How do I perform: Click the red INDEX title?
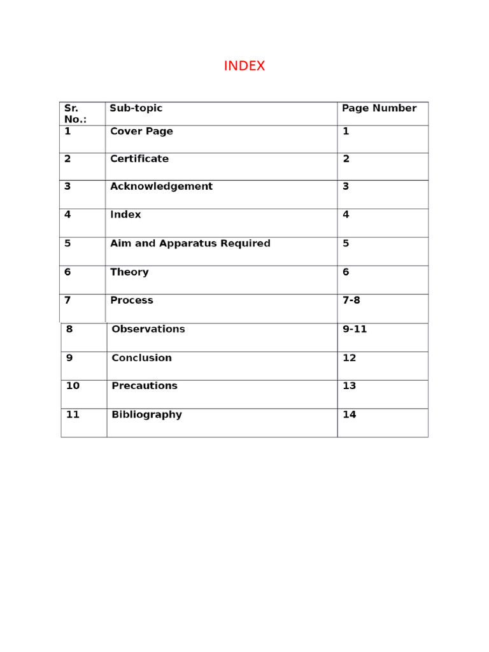(x=244, y=66)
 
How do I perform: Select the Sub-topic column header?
(x=136, y=108)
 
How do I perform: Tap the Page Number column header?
(x=379, y=108)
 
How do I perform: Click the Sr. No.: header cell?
(x=75, y=113)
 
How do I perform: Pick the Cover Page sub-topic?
(x=141, y=131)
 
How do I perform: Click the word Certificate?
(x=139, y=159)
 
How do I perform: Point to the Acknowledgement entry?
(x=161, y=187)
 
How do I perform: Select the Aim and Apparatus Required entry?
(x=190, y=243)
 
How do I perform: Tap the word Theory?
(x=129, y=272)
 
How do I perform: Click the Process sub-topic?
(x=131, y=300)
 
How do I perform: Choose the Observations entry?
(x=148, y=329)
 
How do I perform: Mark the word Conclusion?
(x=141, y=358)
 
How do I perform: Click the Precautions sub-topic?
(x=144, y=386)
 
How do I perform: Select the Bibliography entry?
(x=146, y=415)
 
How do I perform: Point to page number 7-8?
(x=351, y=300)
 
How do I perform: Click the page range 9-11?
(x=355, y=329)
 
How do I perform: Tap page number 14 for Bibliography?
(x=349, y=415)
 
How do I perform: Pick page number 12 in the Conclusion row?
(x=349, y=358)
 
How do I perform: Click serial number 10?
(x=73, y=386)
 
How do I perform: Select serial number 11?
(x=73, y=415)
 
